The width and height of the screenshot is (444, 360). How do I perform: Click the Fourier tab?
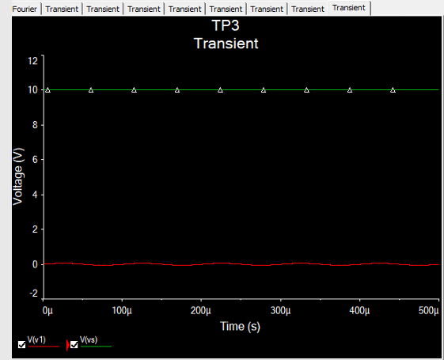[x=25, y=9]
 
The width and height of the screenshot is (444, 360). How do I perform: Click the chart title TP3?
[x=226, y=25]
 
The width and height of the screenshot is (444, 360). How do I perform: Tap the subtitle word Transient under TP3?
[x=226, y=44]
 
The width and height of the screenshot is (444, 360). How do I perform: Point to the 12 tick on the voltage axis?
[x=33, y=61]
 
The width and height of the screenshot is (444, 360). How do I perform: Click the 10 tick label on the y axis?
[x=33, y=90]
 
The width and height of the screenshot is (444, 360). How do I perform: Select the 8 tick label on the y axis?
[x=35, y=125]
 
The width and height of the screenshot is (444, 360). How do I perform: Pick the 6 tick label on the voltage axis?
[x=35, y=160]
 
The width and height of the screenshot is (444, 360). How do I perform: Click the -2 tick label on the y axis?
[x=34, y=294]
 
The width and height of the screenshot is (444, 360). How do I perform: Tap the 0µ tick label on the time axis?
[x=47, y=311]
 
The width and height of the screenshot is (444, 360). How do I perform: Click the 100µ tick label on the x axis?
[x=122, y=311]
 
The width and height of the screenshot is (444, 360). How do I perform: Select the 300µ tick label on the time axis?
[x=281, y=311]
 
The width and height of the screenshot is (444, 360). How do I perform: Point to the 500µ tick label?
[x=429, y=311]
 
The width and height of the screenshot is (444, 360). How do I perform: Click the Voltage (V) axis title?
[x=18, y=176]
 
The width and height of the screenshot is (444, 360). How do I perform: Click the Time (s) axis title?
[x=240, y=326]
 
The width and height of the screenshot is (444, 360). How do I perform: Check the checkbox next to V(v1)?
[x=22, y=345]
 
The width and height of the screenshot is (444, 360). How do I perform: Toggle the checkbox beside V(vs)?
[x=74, y=345]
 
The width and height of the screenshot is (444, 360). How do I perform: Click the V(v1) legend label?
[x=36, y=339]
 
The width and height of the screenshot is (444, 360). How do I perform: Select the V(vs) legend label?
[x=89, y=339]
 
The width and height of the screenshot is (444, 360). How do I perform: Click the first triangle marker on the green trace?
[x=47, y=90]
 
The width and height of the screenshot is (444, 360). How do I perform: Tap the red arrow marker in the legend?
[x=67, y=345]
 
